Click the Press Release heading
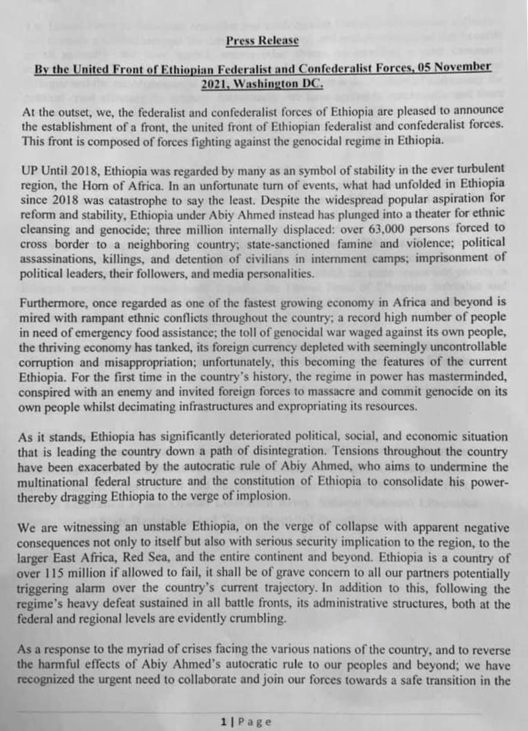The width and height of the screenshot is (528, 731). click(x=262, y=41)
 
